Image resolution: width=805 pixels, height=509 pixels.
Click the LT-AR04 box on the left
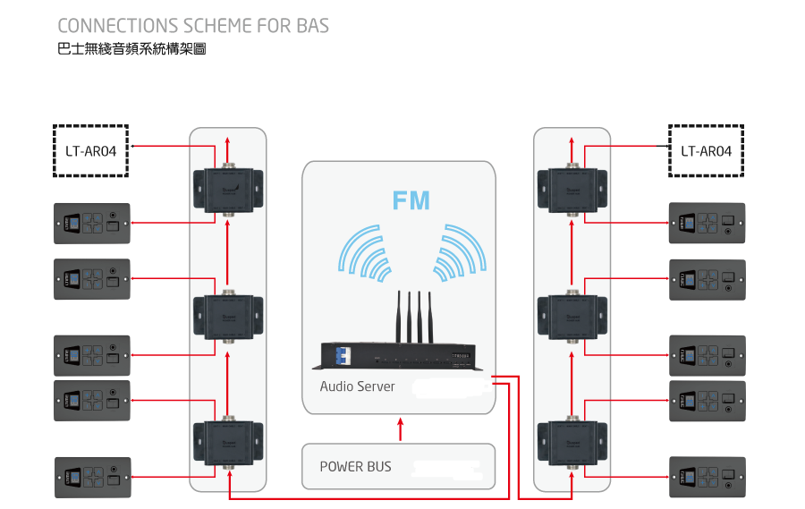(90, 150)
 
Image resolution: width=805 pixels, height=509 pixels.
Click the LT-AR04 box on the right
(706, 150)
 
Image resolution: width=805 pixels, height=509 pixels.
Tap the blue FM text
(411, 199)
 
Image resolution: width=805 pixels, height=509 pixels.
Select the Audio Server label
(358, 386)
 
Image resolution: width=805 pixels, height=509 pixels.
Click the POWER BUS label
(355, 466)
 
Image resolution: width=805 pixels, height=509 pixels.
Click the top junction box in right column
(572, 188)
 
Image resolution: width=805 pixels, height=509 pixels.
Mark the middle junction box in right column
(572, 315)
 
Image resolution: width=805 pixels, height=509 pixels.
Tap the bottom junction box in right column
(572, 441)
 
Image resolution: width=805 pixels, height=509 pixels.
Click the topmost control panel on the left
(92, 224)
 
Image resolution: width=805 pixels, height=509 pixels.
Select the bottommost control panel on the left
(92, 478)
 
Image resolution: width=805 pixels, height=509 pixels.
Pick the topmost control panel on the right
(707, 224)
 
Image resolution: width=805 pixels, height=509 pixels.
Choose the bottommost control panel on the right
(707, 478)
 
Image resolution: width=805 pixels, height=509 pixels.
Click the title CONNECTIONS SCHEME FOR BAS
(192, 25)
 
